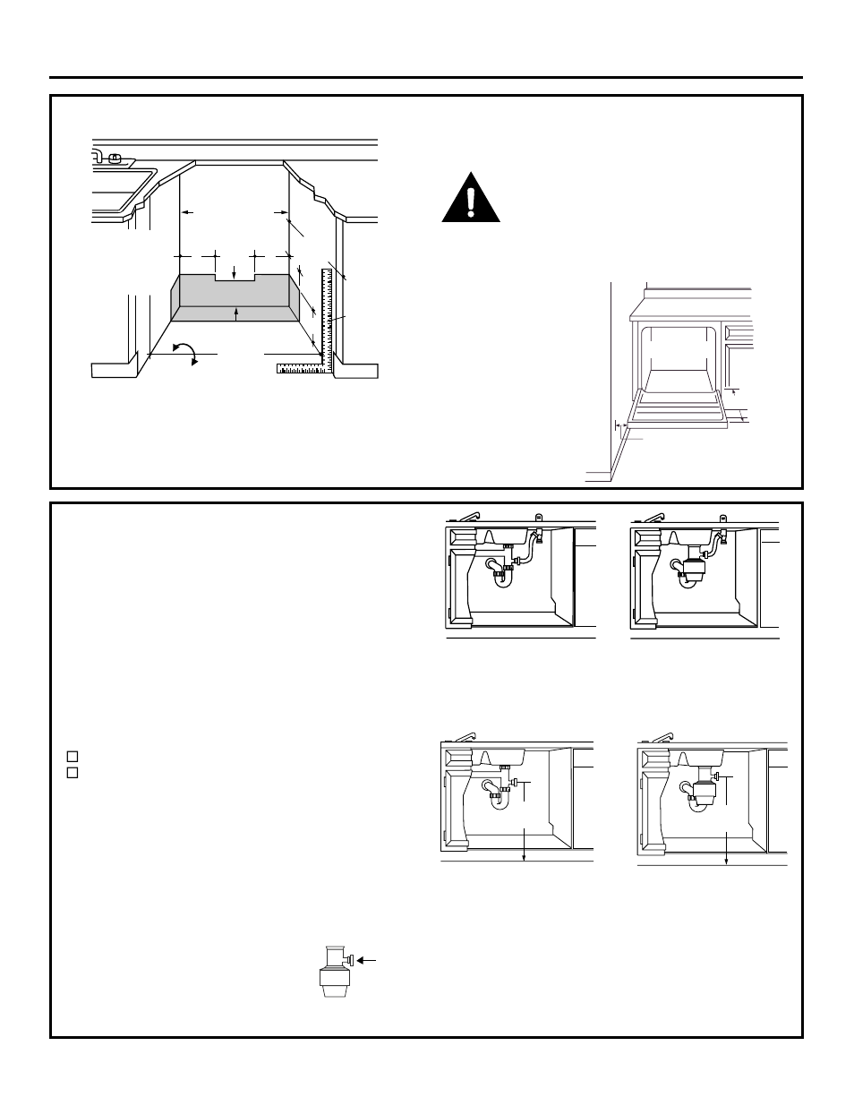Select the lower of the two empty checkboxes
tap(73, 772)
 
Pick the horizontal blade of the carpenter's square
tap(301, 366)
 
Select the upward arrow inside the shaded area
tap(235, 313)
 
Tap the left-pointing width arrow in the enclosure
tap(186, 212)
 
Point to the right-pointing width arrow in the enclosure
tap(279, 212)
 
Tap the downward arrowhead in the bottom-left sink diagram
tap(524, 857)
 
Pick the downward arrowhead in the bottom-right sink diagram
tap(726, 861)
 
